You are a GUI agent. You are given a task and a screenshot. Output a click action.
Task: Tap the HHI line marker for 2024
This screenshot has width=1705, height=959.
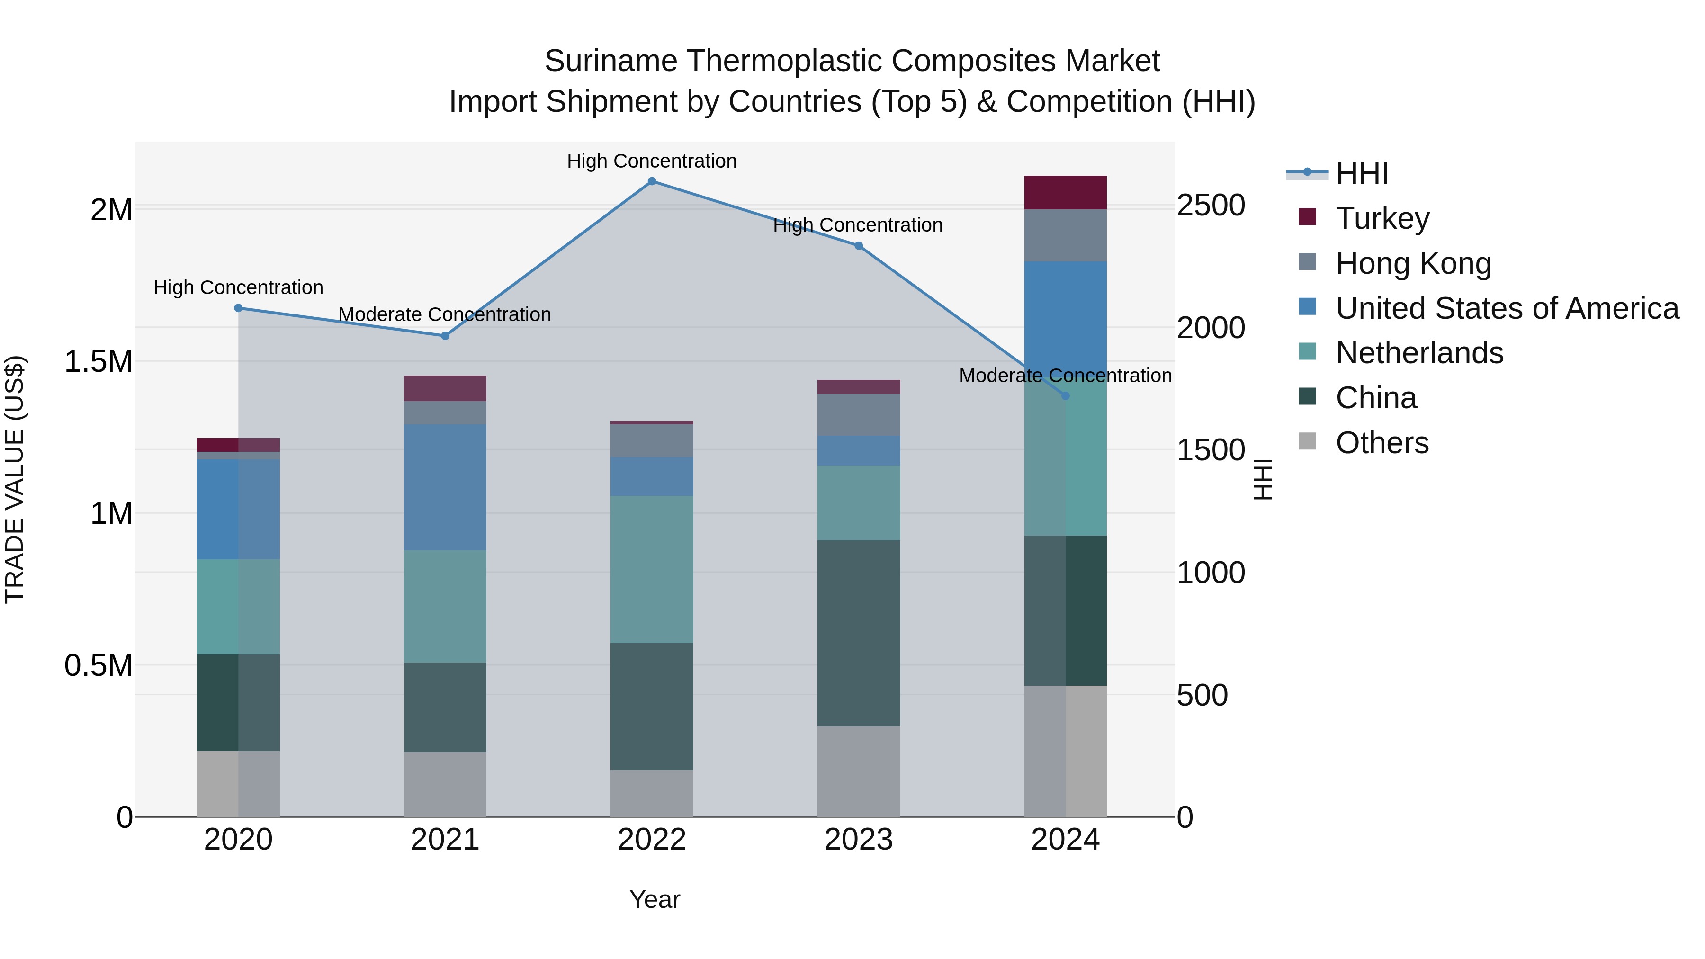pyautogui.click(x=1065, y=396)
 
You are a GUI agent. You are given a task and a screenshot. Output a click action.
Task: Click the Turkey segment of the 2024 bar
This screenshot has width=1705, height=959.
pyautogui.click(x=1065, y=193)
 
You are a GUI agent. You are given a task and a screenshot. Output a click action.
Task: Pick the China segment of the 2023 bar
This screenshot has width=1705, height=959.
pyautogui.click(x=859, y=633)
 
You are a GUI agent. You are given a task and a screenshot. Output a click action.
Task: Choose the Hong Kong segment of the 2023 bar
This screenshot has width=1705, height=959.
pyautogui.click(x=859, y=414)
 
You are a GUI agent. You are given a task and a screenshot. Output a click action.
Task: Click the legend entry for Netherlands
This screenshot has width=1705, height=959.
pyautogui.click(x=1419, y=353)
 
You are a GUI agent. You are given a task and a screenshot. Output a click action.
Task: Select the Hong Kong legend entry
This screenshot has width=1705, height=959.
pyautogui.click(x=1413, y=263)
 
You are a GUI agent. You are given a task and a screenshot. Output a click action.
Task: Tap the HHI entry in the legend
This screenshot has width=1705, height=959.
pyautogui.click(x=1362, y=173)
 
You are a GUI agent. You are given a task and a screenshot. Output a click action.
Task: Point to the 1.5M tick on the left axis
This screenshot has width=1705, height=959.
pyautogui.click(x=99, y=362)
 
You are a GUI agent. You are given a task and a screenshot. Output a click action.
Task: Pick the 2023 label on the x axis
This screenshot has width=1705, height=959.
pyautogui.click(x=859, y=840)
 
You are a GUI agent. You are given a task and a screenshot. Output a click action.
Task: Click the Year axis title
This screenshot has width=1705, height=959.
pyautogui.click(x=655, y=899)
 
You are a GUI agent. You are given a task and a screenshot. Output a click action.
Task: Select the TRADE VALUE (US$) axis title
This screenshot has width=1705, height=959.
pyautogui.click(x=15, y=479)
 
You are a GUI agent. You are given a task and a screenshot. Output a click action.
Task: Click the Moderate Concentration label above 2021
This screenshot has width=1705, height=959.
pyautogui.click(x=445, y=314)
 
